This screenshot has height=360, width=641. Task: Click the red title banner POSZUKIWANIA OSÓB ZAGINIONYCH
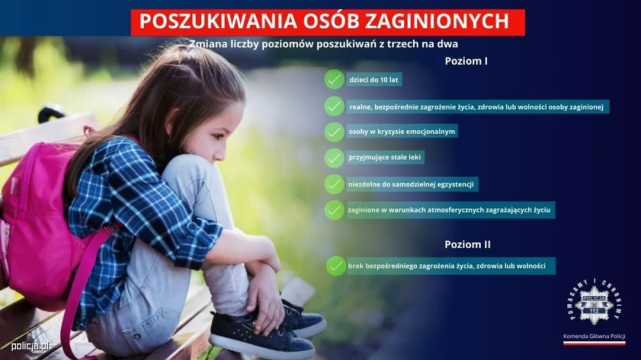[x=328, y=22]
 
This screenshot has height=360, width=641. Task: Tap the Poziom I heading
[x=466, y=61]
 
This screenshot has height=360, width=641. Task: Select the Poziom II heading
[x=467, y=245]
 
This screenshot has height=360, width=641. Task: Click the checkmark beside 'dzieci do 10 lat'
[x=334, y=79]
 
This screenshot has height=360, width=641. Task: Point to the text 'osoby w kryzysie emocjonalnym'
[x=401, y=132]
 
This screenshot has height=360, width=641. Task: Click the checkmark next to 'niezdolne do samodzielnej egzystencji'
[x=334, y=184]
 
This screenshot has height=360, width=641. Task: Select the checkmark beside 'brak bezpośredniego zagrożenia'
[x=335, y=266]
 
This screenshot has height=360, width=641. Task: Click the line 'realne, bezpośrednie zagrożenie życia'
[x=478, y=106]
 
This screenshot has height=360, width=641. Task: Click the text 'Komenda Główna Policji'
[x=594, y=336]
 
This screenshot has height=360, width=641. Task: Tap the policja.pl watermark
[x=30, y=346]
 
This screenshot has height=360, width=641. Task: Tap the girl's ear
[x=174, y=120]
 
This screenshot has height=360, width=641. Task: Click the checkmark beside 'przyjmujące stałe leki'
[x=334, y=158]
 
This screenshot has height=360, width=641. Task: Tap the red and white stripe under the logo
[x=594, y=343]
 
